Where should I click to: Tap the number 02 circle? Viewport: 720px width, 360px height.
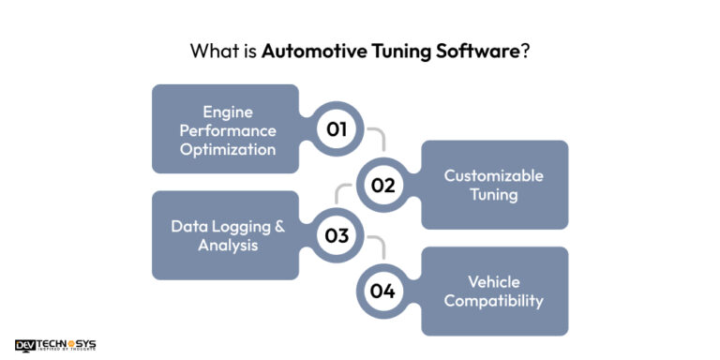point(382,185)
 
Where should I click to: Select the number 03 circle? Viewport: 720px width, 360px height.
point(337,235)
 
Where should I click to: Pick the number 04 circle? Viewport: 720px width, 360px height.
point(382,291)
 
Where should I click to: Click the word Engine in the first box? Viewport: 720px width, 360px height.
point(225,110)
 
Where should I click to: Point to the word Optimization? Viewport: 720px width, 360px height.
point(225,149)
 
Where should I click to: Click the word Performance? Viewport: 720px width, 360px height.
point(225,129)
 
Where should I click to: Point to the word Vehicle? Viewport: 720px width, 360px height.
point(494,281)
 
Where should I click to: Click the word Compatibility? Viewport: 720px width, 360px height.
point(494,301)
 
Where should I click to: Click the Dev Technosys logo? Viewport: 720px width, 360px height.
point(55,345)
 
